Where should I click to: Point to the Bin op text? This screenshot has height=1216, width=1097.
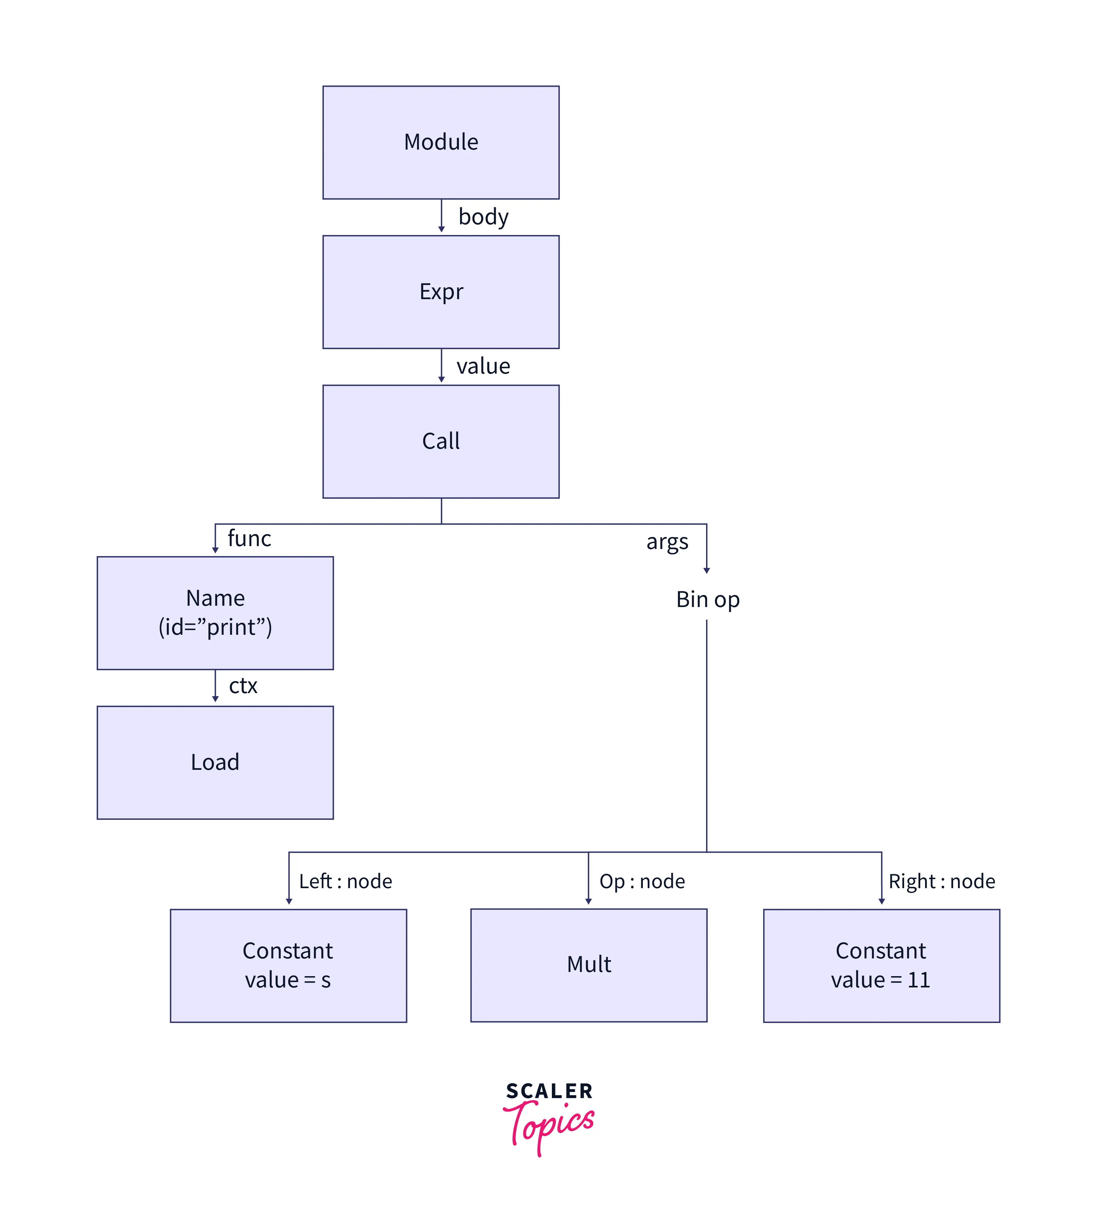[x=708, y=600]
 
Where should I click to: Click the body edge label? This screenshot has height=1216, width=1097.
[x=484, y=217]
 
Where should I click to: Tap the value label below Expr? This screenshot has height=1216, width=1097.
[x=484, y=366]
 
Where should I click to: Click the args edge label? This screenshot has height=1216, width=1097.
[x=667, y=542]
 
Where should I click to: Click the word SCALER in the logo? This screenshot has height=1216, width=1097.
[x=549, y=1091]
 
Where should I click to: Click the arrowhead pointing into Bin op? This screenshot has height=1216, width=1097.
[x=706, y=570]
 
